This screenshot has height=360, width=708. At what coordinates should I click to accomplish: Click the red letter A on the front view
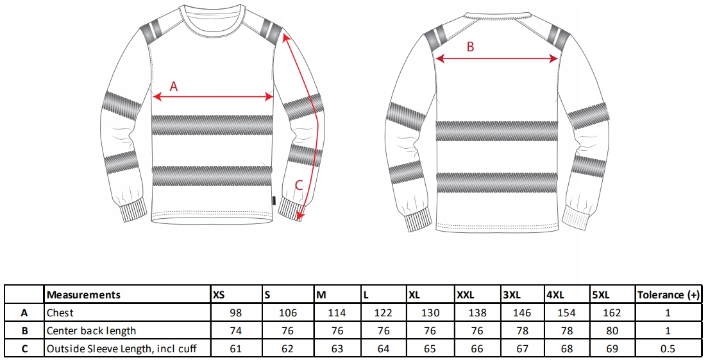173,86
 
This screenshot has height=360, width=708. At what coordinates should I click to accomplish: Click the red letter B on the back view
470,47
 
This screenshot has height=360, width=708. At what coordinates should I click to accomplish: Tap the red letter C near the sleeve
298,186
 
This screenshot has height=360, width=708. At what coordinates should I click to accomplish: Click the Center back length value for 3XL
523,331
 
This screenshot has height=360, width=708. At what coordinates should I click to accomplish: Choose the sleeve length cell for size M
337,349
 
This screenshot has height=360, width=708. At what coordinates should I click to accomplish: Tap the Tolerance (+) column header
668,295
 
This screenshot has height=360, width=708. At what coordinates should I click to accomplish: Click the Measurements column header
84,295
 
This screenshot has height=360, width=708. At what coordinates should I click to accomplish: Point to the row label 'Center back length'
91,331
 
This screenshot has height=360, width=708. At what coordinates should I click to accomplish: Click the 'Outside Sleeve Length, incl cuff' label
121,349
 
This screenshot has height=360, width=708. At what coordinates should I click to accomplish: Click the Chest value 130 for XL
430,313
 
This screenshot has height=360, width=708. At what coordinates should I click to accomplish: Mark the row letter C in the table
24,349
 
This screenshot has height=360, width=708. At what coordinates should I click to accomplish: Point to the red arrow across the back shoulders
497,58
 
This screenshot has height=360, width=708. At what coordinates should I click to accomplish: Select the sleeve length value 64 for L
383,349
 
